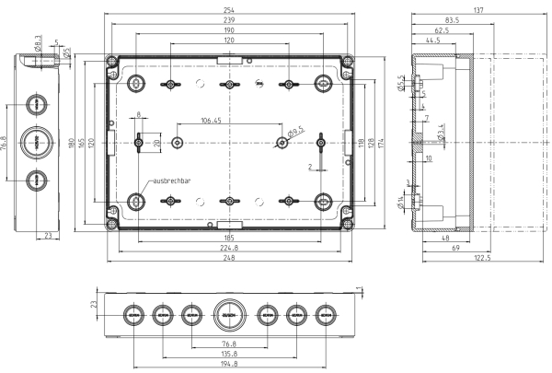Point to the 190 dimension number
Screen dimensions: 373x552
pos(228,29)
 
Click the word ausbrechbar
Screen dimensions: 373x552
pos(171,181)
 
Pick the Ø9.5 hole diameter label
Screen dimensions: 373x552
pos(296,134)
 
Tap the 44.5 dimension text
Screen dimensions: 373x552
pos(432,41)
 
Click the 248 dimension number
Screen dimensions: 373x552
pos(228,260)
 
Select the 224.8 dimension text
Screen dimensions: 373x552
pos(228,249)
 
